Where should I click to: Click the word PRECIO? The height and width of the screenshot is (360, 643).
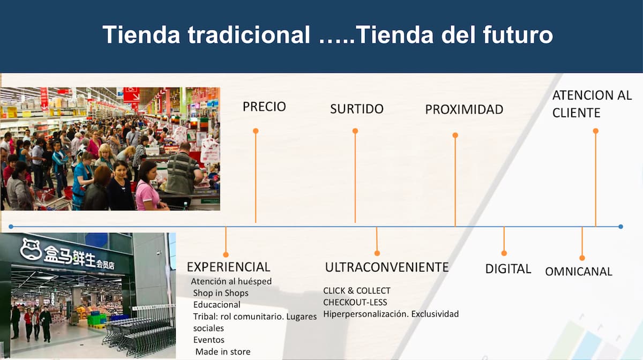pyautogui.click(x=264, y=107)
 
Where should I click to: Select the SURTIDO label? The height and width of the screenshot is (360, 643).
pyautogui.click(x=357, y=109)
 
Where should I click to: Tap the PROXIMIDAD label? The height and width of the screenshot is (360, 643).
pyautogui.click(x=464, y=109)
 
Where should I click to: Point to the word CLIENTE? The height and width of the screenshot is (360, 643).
pyautogui.click(x=576, y=113)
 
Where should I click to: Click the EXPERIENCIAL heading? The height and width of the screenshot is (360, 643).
pyautogui.click(x=228, y=267)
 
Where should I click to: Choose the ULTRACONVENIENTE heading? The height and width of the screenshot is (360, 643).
pyautogui.click(x=387, y=267)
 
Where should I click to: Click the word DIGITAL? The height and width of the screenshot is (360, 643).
pyautogui.click(x=508, y=269)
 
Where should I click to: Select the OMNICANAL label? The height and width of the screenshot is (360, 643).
pyautogui.click(x=579, y=272)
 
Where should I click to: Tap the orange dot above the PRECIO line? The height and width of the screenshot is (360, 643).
pyautogui.click(x=256, y=131)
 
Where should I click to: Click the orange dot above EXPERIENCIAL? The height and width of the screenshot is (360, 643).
pyautogui.click(x=226, y=254)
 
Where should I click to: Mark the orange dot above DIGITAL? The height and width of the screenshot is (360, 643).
pyautogui.click(x=504, y=253)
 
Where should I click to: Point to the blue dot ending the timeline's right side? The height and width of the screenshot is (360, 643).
pyautogui.click(x=620, y=227)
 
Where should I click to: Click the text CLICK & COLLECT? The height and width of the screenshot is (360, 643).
pyautogui.click(x=357, y=291)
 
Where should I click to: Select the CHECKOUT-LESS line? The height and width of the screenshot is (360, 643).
pyautogui.click(x=355, y=302)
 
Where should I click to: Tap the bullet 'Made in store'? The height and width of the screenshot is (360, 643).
pyautogui.click(x=223, y=351)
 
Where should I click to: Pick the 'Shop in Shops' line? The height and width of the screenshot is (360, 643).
pyautogui.click(x=221, y=293)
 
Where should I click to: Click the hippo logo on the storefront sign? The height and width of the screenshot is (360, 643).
pyautogui.click(x=31, y=249)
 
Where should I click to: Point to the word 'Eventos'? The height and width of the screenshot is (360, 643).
pyautogui.click(x=208, y=340)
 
